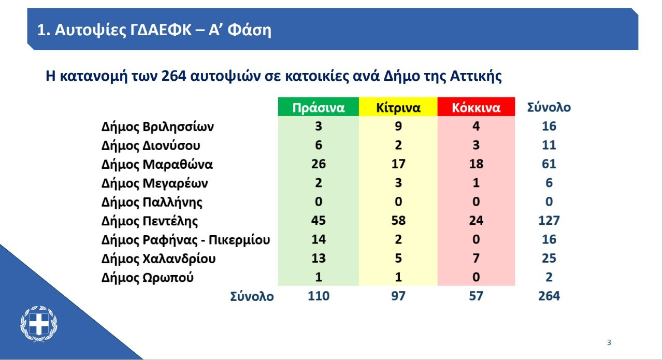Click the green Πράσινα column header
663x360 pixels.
[x=319, y=107]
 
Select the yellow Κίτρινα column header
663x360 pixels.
[x=398, y=107]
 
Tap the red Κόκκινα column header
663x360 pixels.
[x=476, y=107]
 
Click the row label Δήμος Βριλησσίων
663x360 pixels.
[x=157, y=127]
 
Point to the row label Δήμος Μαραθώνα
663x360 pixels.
[x=157, y=164]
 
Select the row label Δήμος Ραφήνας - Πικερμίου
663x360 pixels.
[x=185, y=240]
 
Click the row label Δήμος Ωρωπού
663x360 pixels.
[x=148, y=278]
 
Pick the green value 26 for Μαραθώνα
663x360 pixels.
[x=319, y=164]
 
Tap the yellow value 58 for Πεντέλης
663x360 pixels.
[x=398, y=221]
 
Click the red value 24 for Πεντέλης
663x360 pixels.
[x=476, y=221]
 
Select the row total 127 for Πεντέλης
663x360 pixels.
[x=549, y=221]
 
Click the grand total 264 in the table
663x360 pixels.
[x=549, y=296]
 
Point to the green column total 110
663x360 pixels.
[x=319, y=296]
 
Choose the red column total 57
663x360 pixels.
[x=476, y=296]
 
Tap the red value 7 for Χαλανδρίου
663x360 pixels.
[x=476, y=258]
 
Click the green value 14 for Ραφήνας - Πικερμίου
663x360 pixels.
[x=319, y=239]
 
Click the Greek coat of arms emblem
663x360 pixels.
[x=39, y=324]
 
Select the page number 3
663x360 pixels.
[x=609, y=342]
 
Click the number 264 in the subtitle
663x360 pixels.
[x=174, y=76]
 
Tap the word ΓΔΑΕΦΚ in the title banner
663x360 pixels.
[x=161, y=30]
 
